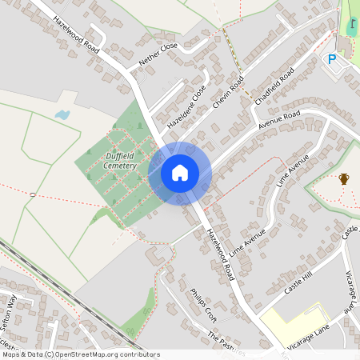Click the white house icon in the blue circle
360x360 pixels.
pyautogui.click(x=179, y=172)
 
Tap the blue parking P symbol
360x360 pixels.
pyautogui.click(x=332, y=59)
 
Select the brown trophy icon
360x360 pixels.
pyautogui.click(x=344, y=178)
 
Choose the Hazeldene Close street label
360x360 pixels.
pyautogui.click(x=186, y=107)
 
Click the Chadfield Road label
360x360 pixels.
pyautogui.click(x=274, y=88)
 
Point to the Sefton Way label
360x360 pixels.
pyautogui.click(x=8, y=313)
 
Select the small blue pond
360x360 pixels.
pyautogui.click(x=62, y=115)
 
